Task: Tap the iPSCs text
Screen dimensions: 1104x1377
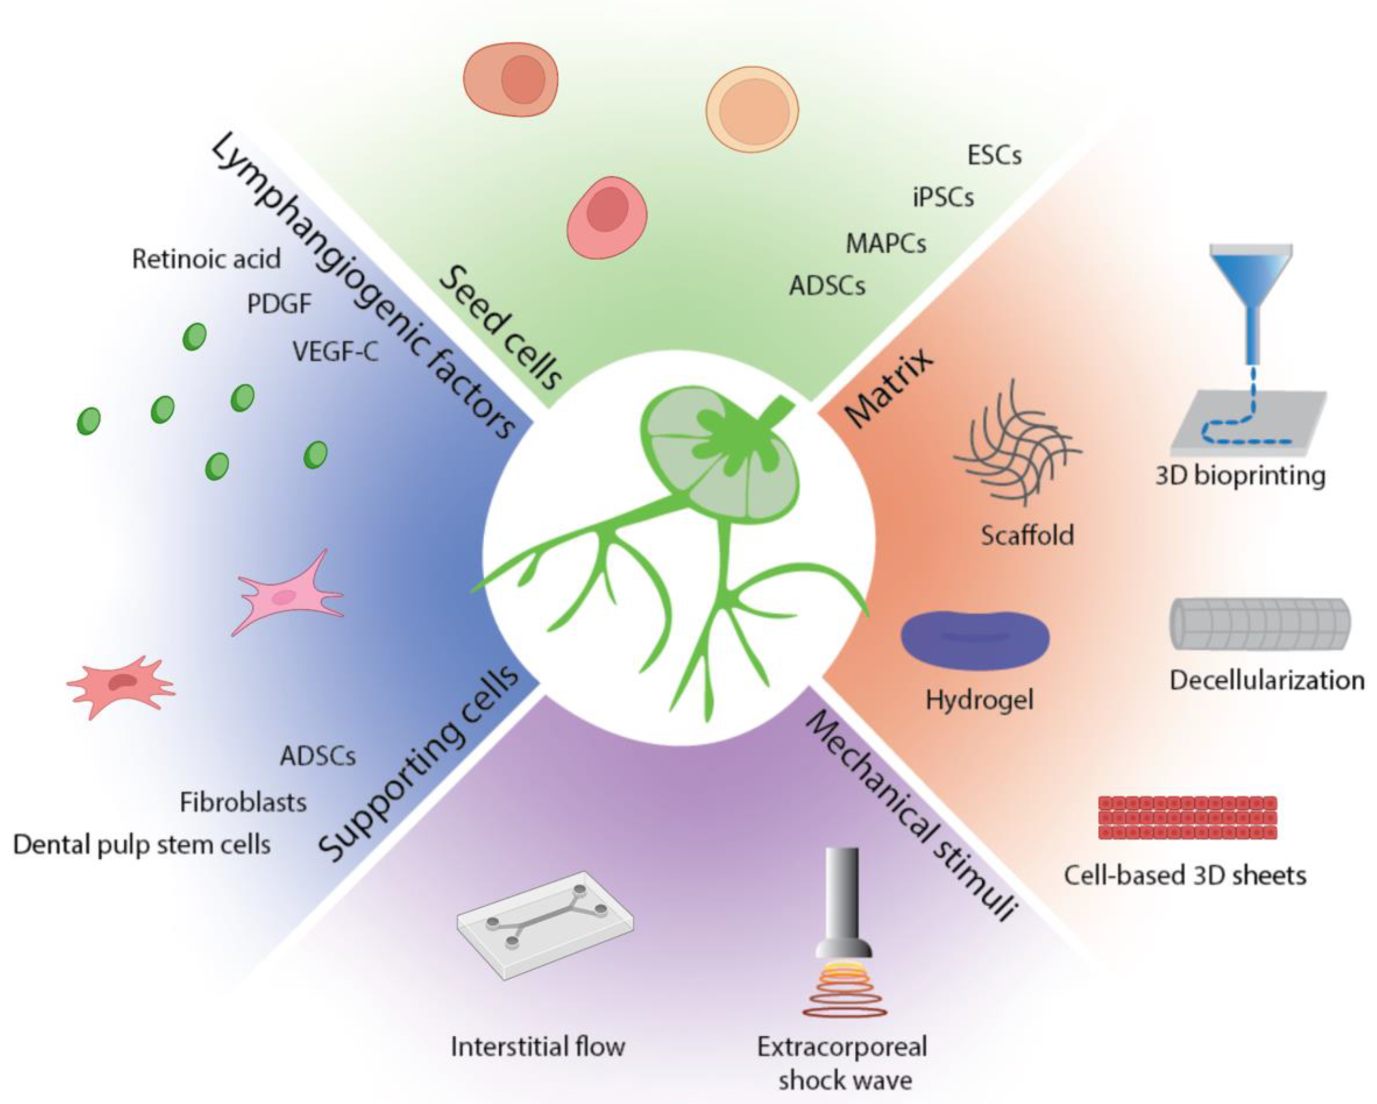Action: coord(943,197)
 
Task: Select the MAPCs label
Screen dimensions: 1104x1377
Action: coord(886,243)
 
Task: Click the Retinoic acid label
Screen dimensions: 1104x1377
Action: coord(206,259)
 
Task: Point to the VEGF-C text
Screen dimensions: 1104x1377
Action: coord(335,351)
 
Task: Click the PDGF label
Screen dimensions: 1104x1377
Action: coord(279,304)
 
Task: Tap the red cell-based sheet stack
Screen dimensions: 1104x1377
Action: coord(1187,817)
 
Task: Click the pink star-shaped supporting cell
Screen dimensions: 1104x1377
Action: coord(287,594)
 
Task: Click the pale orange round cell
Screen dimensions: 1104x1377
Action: coord(752,109)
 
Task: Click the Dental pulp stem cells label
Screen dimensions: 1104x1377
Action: coord(142,844)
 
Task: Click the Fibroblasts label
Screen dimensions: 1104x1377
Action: coord(243,802)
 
